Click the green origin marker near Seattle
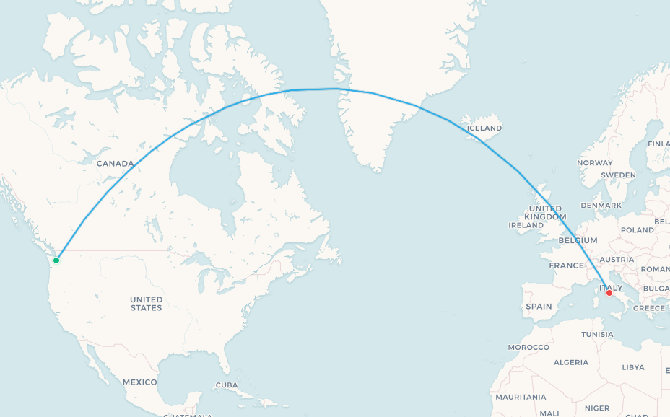point(56,260)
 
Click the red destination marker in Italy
point(609,293)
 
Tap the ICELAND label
point(484,128)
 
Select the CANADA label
point(116,164)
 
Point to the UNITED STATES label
point(146,303)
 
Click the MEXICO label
point(139,382)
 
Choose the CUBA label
point(227,385)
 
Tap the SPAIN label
point(539,306)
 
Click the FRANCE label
point(566,265)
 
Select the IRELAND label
point(526,225)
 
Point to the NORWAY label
point(594,163)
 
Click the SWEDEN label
point(619,175)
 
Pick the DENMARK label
point(601,206)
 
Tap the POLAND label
point(637,230)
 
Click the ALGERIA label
point(570,362)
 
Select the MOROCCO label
point(528,347)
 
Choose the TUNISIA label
point(597,334)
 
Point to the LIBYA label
point(633,367)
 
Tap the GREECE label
point(649,308)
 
